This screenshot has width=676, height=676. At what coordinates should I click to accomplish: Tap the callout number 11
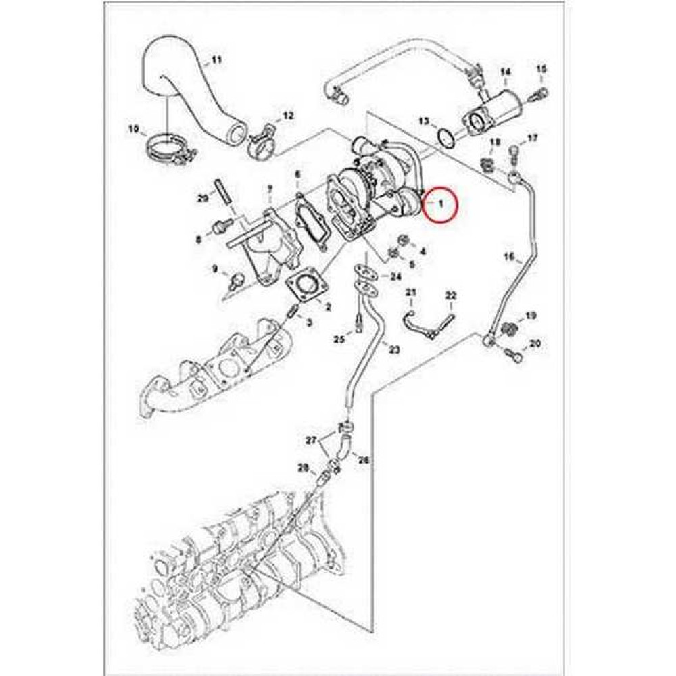click(x=216, y=59)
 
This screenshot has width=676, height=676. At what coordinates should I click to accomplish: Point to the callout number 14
click(x=505, y=72)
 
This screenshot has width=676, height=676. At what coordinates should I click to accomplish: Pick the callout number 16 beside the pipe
click(x=509, y=258)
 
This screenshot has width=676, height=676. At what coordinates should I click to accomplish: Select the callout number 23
click(x=394, y=349)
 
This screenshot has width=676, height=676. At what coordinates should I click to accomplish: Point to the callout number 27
click(x=311, y=441)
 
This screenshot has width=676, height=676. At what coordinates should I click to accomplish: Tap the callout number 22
click(x=450, y=296)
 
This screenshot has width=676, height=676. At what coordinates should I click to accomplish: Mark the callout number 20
click(x=535, y=344)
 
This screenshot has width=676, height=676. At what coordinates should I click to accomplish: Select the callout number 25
click(x=340, y=340)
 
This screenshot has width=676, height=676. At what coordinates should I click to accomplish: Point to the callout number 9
click(x=215, y=270)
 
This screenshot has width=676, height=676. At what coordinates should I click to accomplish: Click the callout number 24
click(x=395, y=276)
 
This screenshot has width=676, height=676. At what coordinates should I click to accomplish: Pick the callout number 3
click(x=309, y=322)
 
